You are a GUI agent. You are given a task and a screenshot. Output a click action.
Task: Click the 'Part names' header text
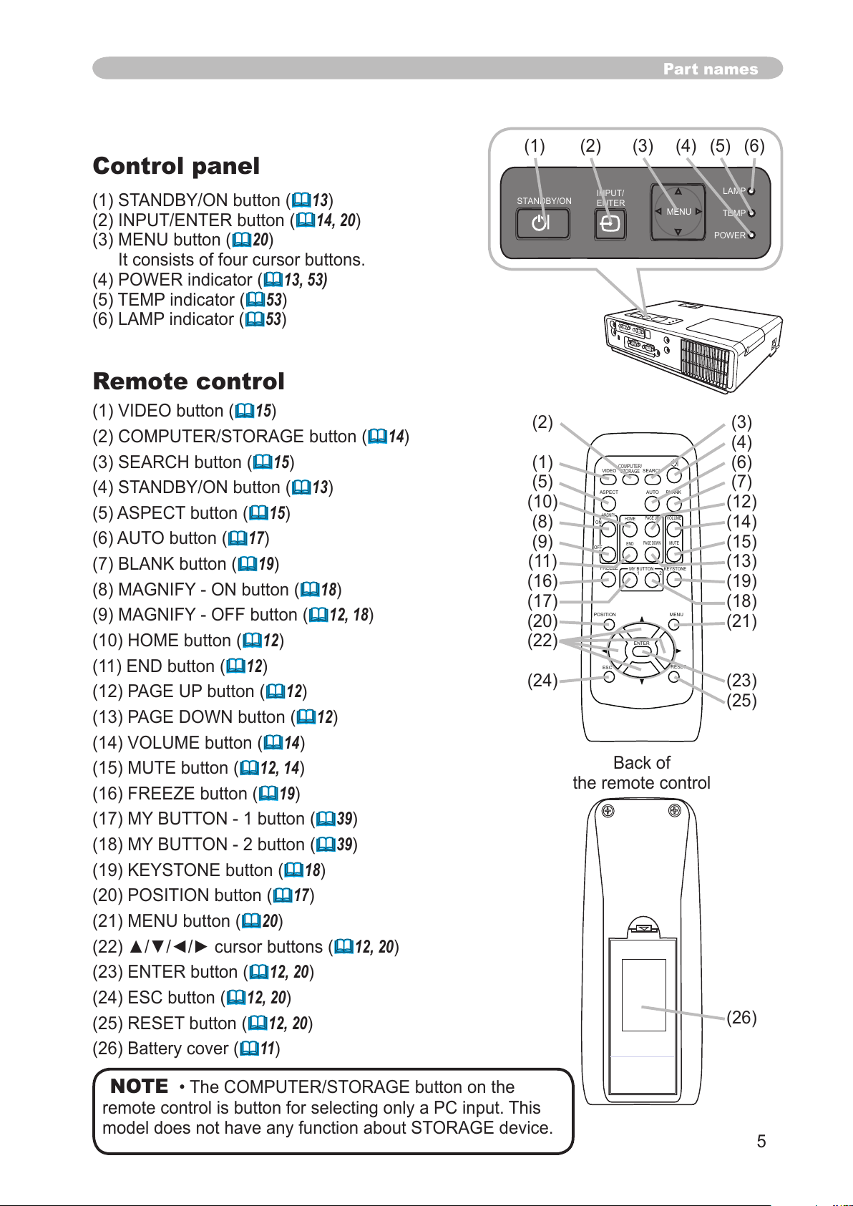pyautogui.click(x=710, y=69)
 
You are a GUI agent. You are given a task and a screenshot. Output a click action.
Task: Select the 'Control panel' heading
pyautogui.click(x=176, y=166)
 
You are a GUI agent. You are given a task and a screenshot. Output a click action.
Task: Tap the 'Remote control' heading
pyautogui.click(x=189, y=381)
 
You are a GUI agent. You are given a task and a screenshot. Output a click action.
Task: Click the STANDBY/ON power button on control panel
pyautogui.click(x=542, y=223)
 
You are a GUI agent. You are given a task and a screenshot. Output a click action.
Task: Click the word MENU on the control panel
pyautogui.click(x=678, y=212)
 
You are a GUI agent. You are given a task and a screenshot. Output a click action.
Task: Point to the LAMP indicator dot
pyautogui.click(x=751, y=191)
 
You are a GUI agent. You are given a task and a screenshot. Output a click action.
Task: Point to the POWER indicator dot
pyautogui.click(x=751, y=235)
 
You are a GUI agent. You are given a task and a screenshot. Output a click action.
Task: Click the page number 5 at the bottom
pyautogui.click(x=761, y=1141)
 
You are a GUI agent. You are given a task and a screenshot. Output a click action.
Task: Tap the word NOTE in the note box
pyautogui.click(x=140, y=1086)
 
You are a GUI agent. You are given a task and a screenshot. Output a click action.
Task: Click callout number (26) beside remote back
pyautogui.click(x=741, y=1017)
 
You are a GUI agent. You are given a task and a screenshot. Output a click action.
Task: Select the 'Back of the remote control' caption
pyautogui.click(x=641, y=773)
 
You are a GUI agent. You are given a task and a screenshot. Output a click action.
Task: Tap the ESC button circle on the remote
pyautogui.click(x=609, y=677)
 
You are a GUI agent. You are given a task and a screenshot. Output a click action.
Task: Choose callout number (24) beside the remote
pyautogui.click(x=542, y=680)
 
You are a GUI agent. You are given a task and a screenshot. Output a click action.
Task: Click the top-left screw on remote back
pyautogui.click(x=608, y=811)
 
